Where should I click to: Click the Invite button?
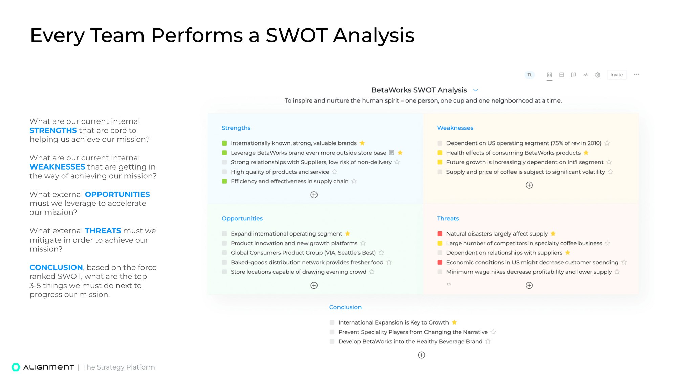pyautogui.click(x=616, y=75)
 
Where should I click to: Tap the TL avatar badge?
pyautogui.click(x=530, y=75)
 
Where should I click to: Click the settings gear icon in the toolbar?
pyautogui.click(x=598, y=75)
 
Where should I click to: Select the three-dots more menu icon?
pyautogui.click(x=636, y=75)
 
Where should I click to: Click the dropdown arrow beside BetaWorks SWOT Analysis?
pyautogui.click(x=476, y=90)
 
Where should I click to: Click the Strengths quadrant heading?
pyautogui.click(x=236, y=128)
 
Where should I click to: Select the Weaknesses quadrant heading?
pyautogui.click(x=455, y=128)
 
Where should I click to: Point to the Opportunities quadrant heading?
pyautogui.click(x=242, y=219)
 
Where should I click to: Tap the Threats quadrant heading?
pyautogui.click(x=448, y=219)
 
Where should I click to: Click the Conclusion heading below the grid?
pyautogui.click(x=345, y=307)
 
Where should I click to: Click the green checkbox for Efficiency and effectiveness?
pyautogui.click(x=224, y=181)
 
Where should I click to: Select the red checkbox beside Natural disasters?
pyautogui.click(x=440, y=234)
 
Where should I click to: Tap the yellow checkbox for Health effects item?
pyautogui.click(x=440, y=153)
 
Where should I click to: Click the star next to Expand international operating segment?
pyautogui.click(x=348, y=234)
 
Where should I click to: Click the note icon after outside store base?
pyautogui.click(x=392, y=153)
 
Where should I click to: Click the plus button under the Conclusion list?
pyautogui.click(x=421, y=355)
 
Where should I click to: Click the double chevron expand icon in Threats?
pyautogui.click(x=449, y=284)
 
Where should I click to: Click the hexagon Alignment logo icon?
pyautogui.click(x=16, y=367)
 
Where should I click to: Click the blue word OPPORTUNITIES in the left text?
pyautogui.click(x=117, y=194)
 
